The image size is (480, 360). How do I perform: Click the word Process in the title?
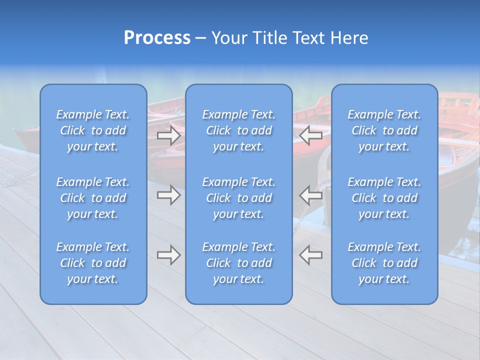point(157,38)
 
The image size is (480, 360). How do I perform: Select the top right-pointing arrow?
point(169,135)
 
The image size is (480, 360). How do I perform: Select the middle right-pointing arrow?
point(169,195)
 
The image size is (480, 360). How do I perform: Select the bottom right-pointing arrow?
point(169,255)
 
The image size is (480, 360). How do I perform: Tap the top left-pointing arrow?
point(310,135)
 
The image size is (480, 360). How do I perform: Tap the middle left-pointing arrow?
point(310,195)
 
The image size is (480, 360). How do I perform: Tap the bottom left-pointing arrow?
point(310,255)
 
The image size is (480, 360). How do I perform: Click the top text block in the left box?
point(93,130)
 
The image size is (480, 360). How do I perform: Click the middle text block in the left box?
point(93,198)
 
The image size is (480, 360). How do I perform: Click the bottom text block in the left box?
point(93,263)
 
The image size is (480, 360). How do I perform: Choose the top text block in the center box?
point(239,130)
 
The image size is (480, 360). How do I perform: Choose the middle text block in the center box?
point(239,198)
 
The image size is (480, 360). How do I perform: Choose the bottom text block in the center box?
point(239,263)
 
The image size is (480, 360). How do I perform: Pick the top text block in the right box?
point(384,130)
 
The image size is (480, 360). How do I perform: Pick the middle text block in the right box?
point(384,198)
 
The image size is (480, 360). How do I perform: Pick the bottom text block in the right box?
point(384,263)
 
